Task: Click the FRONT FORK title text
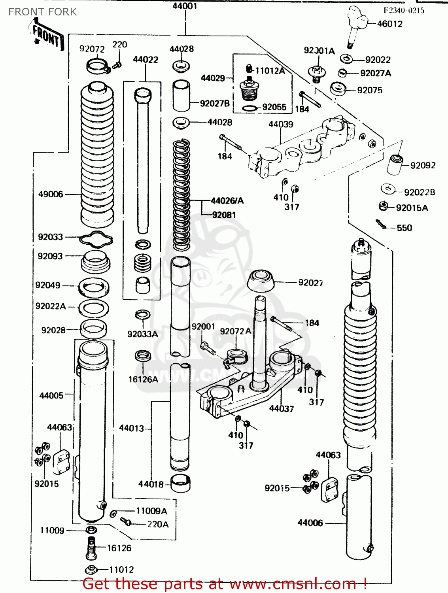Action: [42, 12]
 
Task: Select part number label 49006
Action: [51, 194]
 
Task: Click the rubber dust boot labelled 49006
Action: [97, 154]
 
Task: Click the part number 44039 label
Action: [281, 124]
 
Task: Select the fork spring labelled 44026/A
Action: [181, 194]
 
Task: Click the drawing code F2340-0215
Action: [404, 11]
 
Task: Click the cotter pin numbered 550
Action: [382, 224]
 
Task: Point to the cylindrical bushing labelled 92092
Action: [394, 164]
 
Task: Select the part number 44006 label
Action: [310, 523]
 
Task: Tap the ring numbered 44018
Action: [180, 483]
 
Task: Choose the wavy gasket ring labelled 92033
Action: [96, 238]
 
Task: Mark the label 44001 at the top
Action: [185, 6]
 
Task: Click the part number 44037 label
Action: [281, 409]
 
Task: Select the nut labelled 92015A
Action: [383, 206]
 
